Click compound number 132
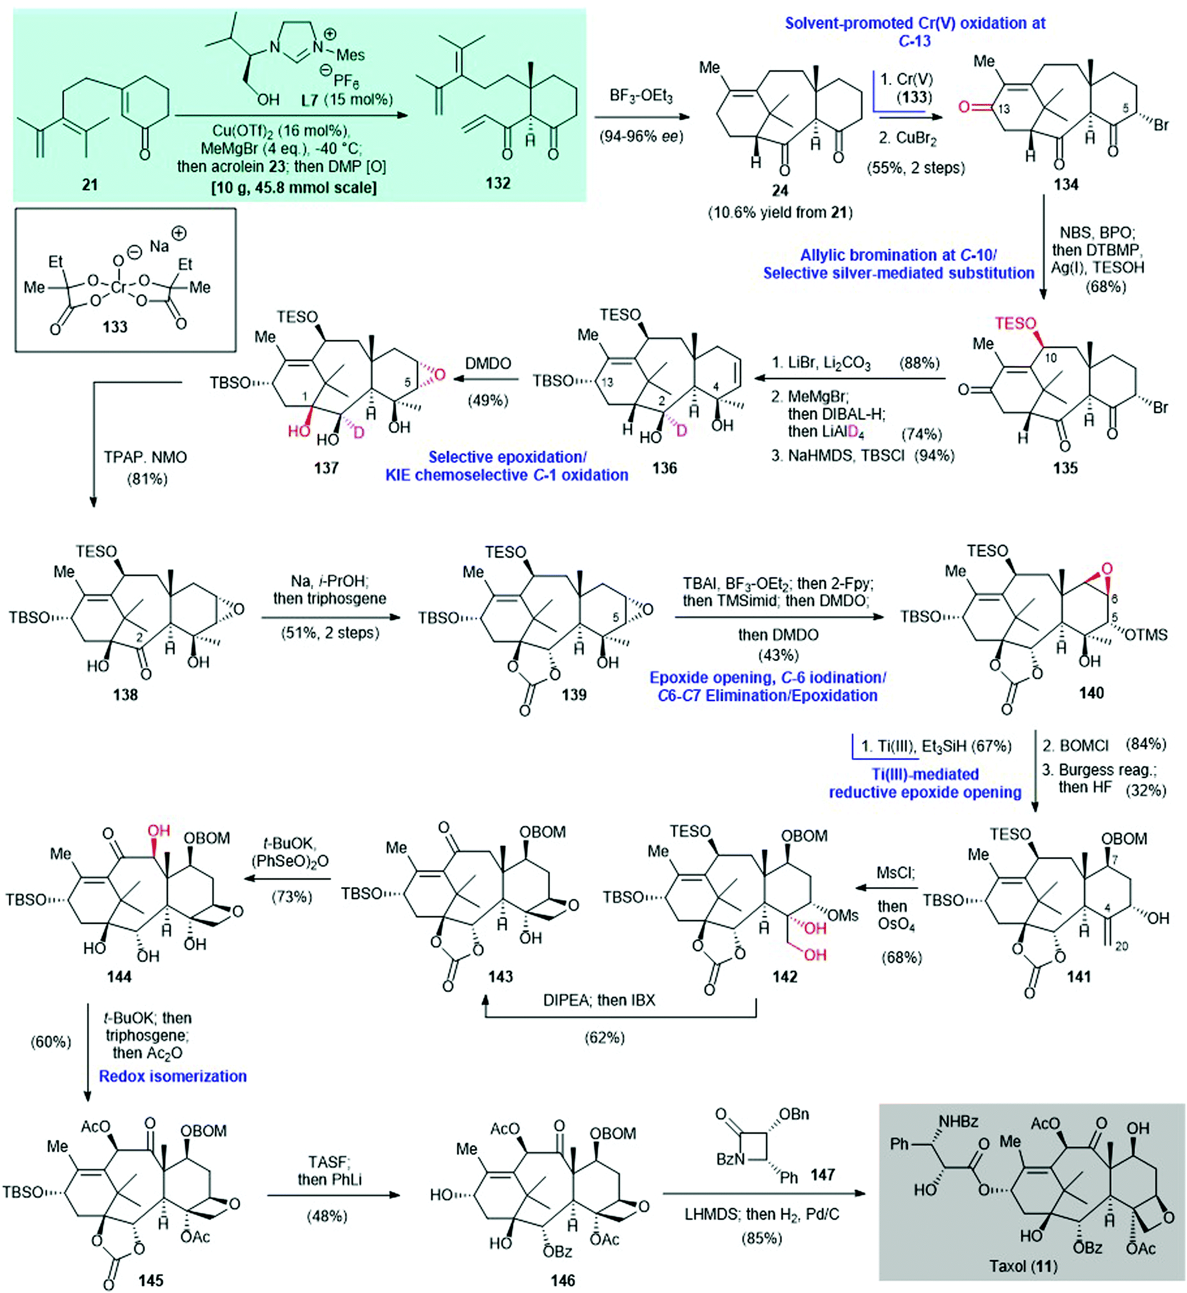coord(498,183)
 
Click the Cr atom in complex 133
coord(119,287)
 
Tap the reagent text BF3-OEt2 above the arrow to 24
coord(641,96)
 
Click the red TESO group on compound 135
coord(1016,323)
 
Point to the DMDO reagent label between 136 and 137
coord(488,363)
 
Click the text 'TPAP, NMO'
coord(145,458)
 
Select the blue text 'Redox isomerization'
coord(172,1076)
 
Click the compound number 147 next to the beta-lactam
coord(822,1174)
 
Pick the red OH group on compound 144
coord(159,831)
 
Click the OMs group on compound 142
coord(843,915)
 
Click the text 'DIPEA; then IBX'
coord(599,1000)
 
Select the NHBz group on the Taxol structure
coord(959,1121)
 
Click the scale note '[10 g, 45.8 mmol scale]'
coord(294,188)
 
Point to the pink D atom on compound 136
coord(681,429)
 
